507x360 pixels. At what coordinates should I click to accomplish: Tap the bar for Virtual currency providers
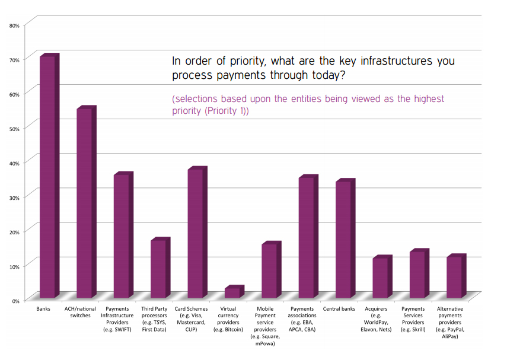[232, 292]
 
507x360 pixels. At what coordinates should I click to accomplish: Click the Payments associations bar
[307, 237]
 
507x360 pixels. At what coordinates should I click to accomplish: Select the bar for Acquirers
[380, 278]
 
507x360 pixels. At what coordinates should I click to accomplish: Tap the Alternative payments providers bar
[454, 277]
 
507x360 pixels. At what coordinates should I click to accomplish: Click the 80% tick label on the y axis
[14, 26]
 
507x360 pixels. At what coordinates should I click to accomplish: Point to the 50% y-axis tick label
[14, 129]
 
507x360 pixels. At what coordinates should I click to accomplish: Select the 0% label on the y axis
[16, 301]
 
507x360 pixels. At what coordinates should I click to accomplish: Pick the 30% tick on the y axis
[14, 197]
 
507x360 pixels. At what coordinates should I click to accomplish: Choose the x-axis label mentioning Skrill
[413, 319]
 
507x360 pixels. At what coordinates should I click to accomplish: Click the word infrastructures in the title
[378, 60]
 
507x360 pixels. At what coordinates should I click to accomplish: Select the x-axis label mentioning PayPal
[450, 323]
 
